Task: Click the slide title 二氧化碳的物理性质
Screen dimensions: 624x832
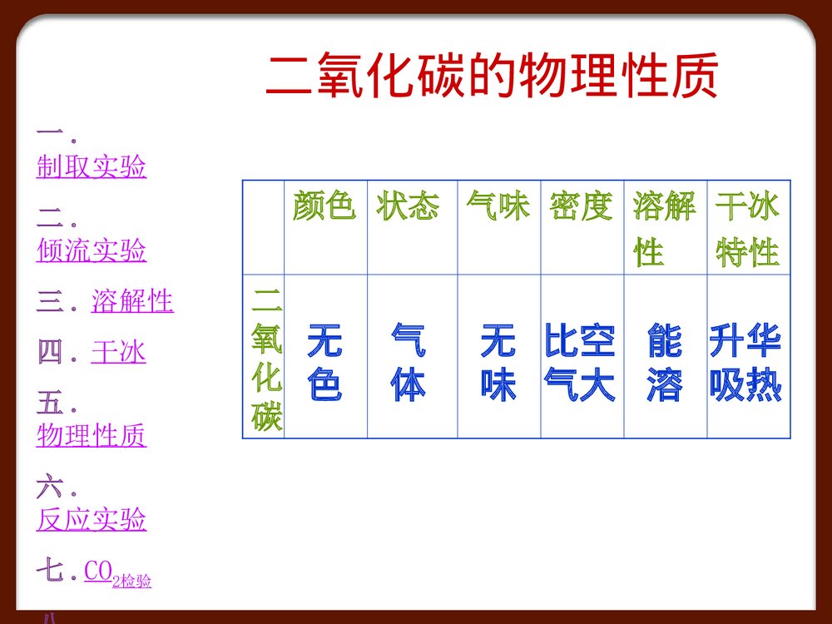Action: click(491, 77)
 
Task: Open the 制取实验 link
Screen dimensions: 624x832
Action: click(92, 167)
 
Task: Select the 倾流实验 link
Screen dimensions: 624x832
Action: click(92, 250)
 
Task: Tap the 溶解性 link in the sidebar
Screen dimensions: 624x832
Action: click(132, 302)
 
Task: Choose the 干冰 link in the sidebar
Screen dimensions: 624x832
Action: click(118, 354)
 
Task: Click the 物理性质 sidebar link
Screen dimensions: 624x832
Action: click(92, 435)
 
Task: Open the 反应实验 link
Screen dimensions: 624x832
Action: click(92, 520)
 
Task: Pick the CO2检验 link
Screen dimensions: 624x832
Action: click(117, 575)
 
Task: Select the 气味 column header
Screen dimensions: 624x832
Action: click(498, 206)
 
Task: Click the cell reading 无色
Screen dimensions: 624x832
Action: click(324, 364)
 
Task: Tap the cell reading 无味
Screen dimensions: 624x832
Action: click(498, 364)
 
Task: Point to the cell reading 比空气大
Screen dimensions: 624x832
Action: click(580, 364)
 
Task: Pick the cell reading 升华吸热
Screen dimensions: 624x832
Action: click(746, 364)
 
